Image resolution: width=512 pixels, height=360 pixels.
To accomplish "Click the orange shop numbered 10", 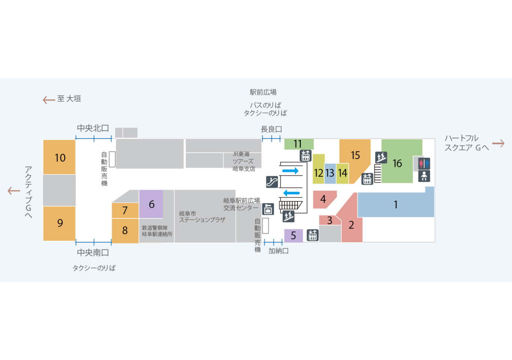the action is [59, 157].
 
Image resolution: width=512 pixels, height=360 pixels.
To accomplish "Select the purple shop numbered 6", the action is [151, 204].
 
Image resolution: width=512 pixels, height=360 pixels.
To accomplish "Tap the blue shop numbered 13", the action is [330, 174].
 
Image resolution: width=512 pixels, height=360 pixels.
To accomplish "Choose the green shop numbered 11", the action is [299, 144].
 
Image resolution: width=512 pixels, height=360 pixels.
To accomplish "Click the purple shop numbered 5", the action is [293, 235].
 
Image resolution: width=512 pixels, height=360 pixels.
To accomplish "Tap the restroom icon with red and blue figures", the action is [424, 163].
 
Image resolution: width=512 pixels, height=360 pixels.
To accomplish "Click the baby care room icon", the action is [424, 176].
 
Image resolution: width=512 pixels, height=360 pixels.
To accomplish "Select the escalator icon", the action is [272, 182].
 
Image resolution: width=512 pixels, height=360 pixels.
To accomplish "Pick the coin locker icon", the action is [268, 209].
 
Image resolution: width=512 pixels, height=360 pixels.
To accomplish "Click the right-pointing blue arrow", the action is [290, 171].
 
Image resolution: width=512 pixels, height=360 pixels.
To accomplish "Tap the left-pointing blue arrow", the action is [291, 193].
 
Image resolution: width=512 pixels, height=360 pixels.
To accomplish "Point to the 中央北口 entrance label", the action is [93, 128].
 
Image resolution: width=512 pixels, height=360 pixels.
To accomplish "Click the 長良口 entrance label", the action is [271, 129].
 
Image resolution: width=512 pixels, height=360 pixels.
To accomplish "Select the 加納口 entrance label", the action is [278, 251].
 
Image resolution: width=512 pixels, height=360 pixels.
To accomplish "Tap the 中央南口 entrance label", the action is [93, 253].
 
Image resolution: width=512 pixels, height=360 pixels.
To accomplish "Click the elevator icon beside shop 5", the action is [312, 235].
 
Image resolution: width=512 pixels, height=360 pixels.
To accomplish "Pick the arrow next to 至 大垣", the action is [49, 100].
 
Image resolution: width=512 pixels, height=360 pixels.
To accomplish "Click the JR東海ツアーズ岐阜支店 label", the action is [244, 161].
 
